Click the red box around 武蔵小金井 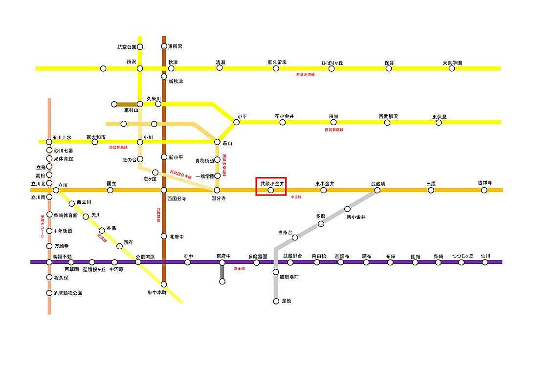pos(271,186)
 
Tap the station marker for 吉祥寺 pos(484,190)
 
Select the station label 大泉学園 pos(452,63)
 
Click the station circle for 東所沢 pos(164,47)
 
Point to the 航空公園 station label pos(126,47)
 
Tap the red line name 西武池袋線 pos(306,75)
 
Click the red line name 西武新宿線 pos(334,130)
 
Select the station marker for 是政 pos(276,301)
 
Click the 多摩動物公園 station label pos(68,293)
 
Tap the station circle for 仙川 pos(485,262)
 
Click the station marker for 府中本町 pos(164,284)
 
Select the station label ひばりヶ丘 pos(332,63)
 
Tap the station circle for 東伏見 pos(439,122)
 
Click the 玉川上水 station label pos(62,137)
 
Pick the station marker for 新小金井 pos(348,209)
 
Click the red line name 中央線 pos(296,197)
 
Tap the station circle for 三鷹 pos(431,190)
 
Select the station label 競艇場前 pos(289,277)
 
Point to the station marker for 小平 pos(237,122)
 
